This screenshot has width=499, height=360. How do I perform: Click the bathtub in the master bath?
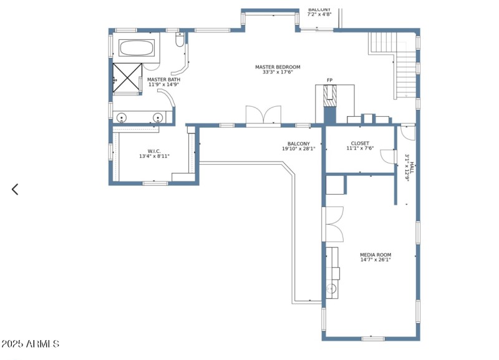(137, 49)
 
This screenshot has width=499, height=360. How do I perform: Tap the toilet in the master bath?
(180, 41)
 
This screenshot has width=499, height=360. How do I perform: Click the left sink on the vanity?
(121, 117)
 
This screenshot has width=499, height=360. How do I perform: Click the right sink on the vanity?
(158, 117)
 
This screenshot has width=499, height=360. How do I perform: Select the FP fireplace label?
(329, 80)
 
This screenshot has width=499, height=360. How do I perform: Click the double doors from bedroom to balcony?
(263, 117)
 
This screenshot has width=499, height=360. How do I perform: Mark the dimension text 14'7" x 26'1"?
(375, 260)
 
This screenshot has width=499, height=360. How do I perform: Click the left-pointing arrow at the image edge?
(15, 189)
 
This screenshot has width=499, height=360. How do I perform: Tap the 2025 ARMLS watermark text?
(31, 344)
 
